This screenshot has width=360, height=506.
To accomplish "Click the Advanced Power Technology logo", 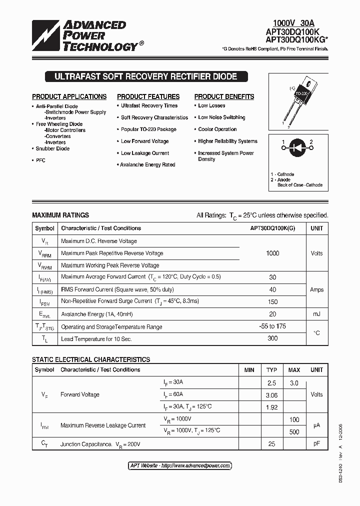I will click(85, 36).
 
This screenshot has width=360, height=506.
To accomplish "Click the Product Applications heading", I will click(69, 96).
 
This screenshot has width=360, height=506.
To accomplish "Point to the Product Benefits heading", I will click(224, 96).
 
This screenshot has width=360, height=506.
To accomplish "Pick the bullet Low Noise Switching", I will click(221, 117).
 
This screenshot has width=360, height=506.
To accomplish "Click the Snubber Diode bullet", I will click(52, 148).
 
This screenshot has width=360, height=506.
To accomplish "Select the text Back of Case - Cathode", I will click(300, 185).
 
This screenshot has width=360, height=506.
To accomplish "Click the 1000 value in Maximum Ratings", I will click(272, 253).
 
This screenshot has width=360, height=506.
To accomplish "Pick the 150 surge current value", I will click(272, 301).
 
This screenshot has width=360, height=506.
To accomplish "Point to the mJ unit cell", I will click(316, 314).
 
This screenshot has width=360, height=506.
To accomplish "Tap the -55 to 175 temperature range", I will click(272, 326).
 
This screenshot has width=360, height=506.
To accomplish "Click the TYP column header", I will click(271, 370).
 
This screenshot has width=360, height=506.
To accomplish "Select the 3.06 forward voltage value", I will click(271, 395).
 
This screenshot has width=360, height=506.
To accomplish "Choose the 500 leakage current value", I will click(294, 431).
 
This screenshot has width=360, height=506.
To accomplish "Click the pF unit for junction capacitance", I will click(316, 444).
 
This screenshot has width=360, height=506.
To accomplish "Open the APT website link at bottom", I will click(180, 465).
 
